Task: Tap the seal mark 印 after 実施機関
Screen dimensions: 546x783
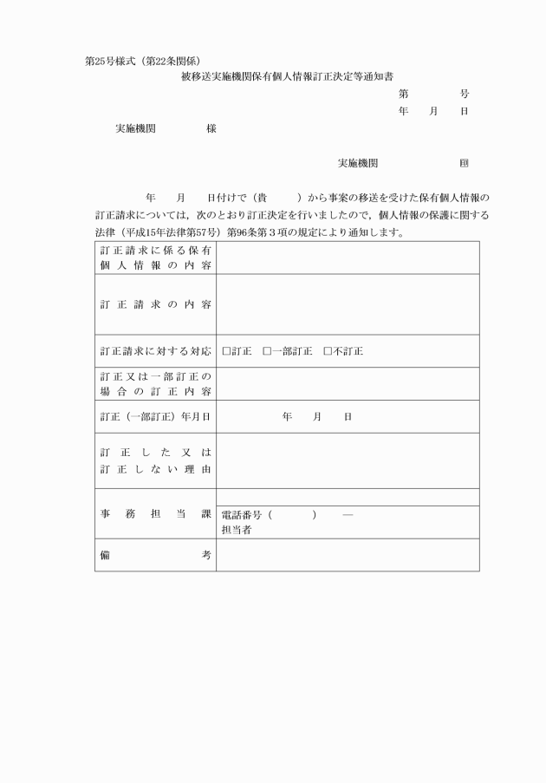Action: click(x=465, y=163)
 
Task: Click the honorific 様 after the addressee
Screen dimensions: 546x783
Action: click(x=211, y=128)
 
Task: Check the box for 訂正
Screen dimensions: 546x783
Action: click(x=226, y=351)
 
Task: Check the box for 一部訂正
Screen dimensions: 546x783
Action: click(x=267, y=351)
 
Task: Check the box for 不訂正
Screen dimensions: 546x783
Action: click(x=328, y=351)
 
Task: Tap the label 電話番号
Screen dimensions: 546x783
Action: click(x=243, y=515)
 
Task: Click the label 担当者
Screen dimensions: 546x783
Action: click(x=237, y=529)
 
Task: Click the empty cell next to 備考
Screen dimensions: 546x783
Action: click(x=347, y=555)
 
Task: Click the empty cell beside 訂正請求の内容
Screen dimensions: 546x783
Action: click(x=347, y=304)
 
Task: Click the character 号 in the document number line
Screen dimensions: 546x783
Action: click(x=465, y=93)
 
